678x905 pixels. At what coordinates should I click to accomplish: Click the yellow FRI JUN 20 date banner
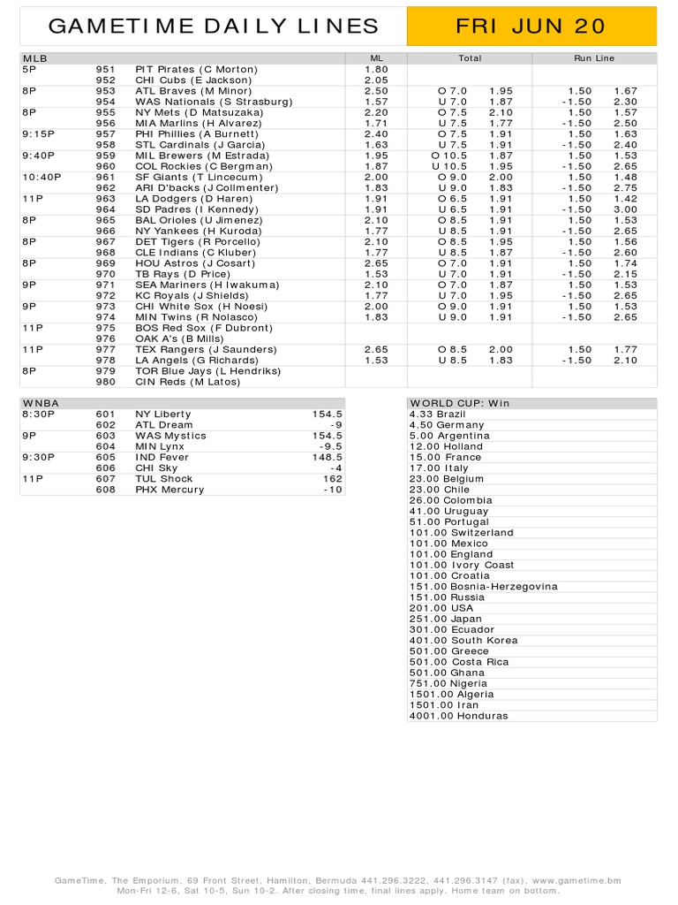(531, 27)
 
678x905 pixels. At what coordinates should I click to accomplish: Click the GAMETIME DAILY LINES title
(214, 27)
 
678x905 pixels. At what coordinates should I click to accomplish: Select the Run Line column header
(593, 58)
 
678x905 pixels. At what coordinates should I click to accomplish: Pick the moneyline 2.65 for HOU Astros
(376, 263)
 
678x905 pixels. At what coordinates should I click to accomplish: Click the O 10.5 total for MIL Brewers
(448, 156)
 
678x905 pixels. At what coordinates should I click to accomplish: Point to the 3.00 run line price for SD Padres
(625, 209)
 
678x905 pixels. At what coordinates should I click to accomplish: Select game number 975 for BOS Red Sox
(106, 328)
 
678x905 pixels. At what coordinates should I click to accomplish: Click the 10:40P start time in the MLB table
(41, 177)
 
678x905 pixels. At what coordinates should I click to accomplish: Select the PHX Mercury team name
(169, 490)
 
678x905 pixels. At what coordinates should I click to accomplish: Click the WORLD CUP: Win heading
(459, 403)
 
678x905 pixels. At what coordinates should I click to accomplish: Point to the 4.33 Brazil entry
(437, 414)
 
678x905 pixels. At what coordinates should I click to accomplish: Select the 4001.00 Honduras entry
(458, 716)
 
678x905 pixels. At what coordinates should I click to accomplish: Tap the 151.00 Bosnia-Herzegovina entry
(483, 587)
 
